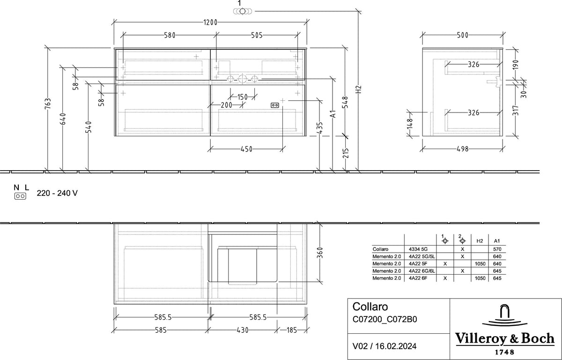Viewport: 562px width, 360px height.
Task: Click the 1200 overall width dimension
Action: point(210,22)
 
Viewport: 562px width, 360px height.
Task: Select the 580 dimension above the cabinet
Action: point(170,36)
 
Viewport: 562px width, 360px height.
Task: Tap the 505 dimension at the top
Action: point(257,36)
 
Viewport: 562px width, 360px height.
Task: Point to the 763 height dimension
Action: point(48,104)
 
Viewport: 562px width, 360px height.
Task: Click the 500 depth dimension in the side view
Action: point(463,35)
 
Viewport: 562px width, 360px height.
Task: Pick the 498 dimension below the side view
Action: point(463,149)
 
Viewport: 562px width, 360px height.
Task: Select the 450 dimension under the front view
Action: point(246,149)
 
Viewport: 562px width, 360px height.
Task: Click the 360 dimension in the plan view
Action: point(320,253)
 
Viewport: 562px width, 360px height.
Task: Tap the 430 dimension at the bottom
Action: point(243,330)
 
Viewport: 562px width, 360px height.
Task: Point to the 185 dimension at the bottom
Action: point(292,330)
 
